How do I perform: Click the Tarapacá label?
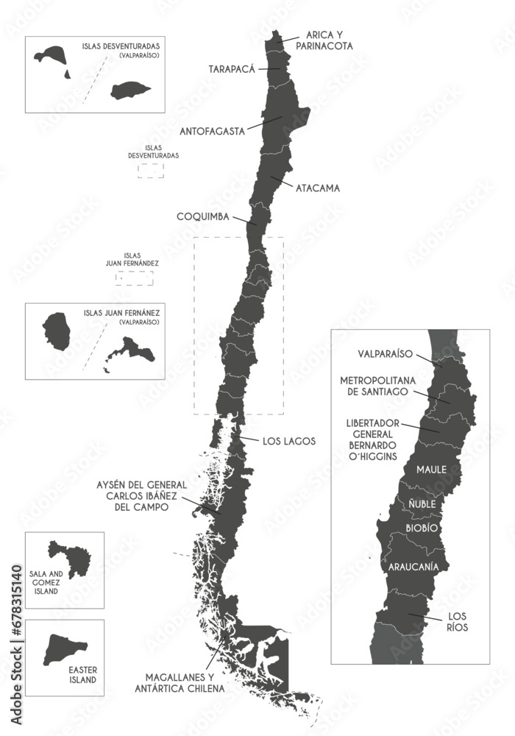pyautogui.click(x=232, y=68)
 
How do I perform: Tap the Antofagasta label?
pyautogui.click(x=212, y=132)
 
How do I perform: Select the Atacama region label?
pyautogui.click(x=318, y=188)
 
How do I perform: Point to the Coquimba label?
pyautogui.click(x=202, y=216)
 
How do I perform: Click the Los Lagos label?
pyautogui.click(x=288, y=441)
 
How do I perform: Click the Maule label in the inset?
pyautogui.click(x=432, y=469)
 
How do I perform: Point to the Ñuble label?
pyautogui.click(x=422, y=504)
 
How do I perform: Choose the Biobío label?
pyautogui.click(x=422, y=528)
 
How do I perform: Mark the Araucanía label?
pyautogui.click(x=410, y=567)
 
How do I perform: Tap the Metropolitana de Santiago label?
pyautogui.click(x=378, y=386)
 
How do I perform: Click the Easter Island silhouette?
pyautogui.click(x=63, y=648)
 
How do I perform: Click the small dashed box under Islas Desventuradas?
pyautogui.click(x=151, y=170)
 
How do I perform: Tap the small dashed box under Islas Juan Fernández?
pyautogui.click(x=135, y=278)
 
